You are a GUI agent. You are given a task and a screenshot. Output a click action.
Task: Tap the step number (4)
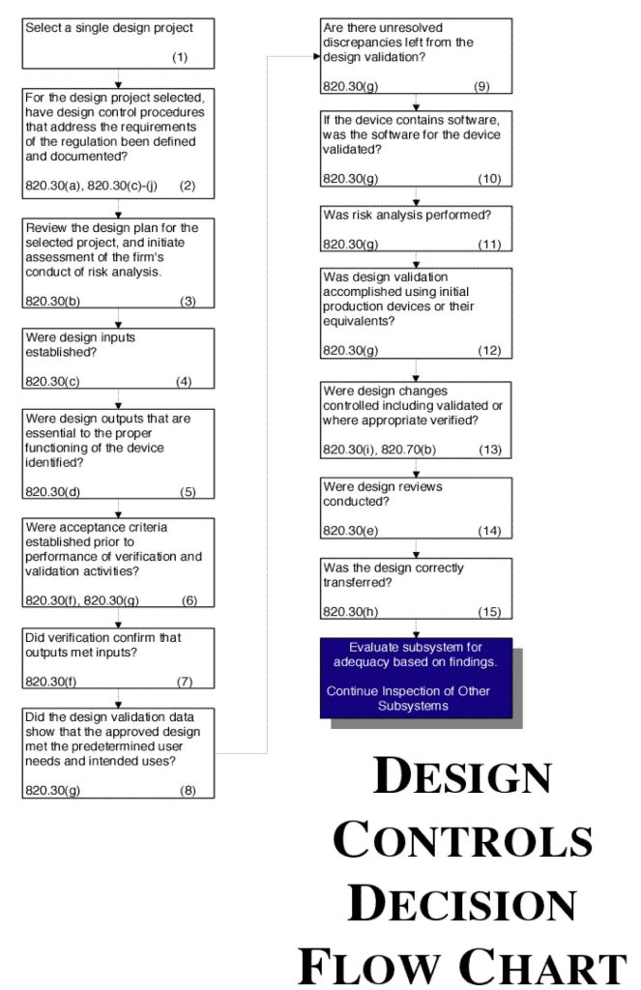point(184,382)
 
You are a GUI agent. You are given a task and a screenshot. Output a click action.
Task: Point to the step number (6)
point(189,600)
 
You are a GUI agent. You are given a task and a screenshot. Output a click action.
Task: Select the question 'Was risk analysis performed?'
point(392,215)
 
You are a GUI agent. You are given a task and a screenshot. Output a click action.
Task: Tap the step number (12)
point(489,350)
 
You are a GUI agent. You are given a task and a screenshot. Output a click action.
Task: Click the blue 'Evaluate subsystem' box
point(415,676)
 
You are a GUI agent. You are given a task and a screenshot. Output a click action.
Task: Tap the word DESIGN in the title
point(462,779)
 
